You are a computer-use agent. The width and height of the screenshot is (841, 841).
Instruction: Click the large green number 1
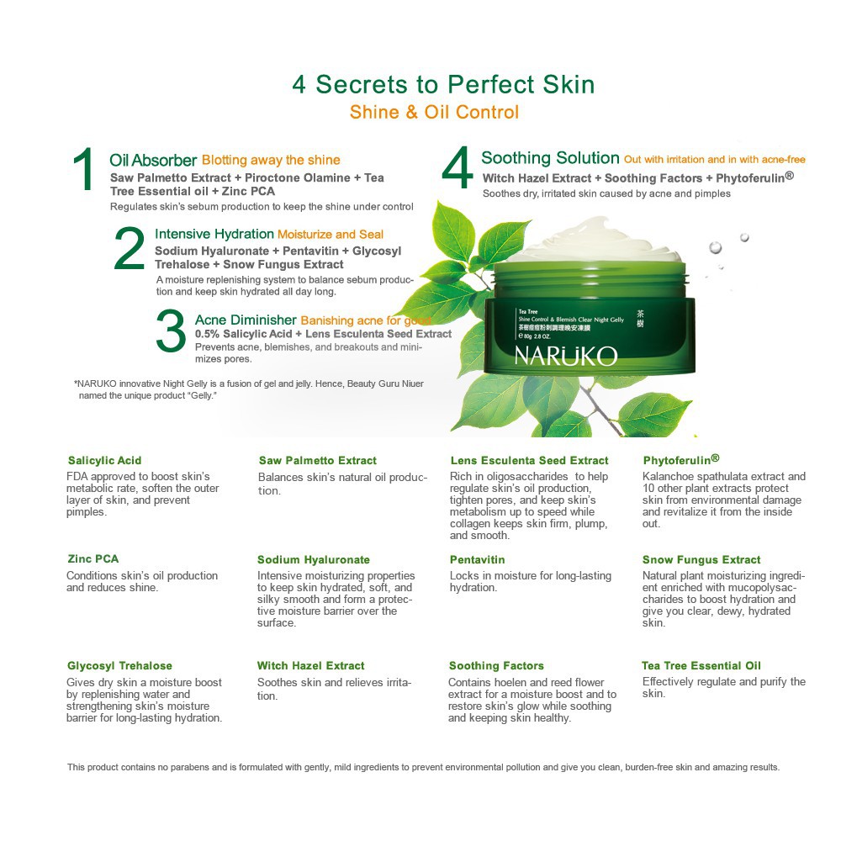click(x=84, y=171)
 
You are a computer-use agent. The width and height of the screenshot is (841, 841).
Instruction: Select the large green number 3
click(x=171, y=332)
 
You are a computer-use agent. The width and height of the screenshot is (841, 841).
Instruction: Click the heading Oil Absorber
click(x=153, y=160)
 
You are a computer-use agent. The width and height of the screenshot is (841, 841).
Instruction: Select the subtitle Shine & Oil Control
click(x=434, y=112)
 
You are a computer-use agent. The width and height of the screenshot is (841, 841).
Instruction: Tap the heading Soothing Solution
click(x=550, y=158)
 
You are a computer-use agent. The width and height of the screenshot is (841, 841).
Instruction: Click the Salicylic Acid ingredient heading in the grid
click(x=104, y=461)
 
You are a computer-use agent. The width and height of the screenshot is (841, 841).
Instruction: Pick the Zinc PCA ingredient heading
click(x=93, y=559)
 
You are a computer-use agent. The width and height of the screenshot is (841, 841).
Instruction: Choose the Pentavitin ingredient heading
click(x=477, y=559)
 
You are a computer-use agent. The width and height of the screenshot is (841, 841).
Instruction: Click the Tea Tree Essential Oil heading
click(x=701, y=666)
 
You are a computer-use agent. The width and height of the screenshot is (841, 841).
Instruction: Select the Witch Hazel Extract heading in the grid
click(x=310, y=666)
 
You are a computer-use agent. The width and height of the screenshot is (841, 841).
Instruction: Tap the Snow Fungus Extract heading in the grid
click(x=701, y=559)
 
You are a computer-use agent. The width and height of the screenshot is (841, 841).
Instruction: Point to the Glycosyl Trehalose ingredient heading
click(x=119, y=666)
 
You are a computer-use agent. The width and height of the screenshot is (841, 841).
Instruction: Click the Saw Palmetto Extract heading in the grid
click(x=317, y=461)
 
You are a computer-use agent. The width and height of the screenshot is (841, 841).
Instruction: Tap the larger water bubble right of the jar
click(x=715, y=247)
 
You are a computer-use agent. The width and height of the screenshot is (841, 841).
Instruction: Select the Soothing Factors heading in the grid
click(x=496, y=666)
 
